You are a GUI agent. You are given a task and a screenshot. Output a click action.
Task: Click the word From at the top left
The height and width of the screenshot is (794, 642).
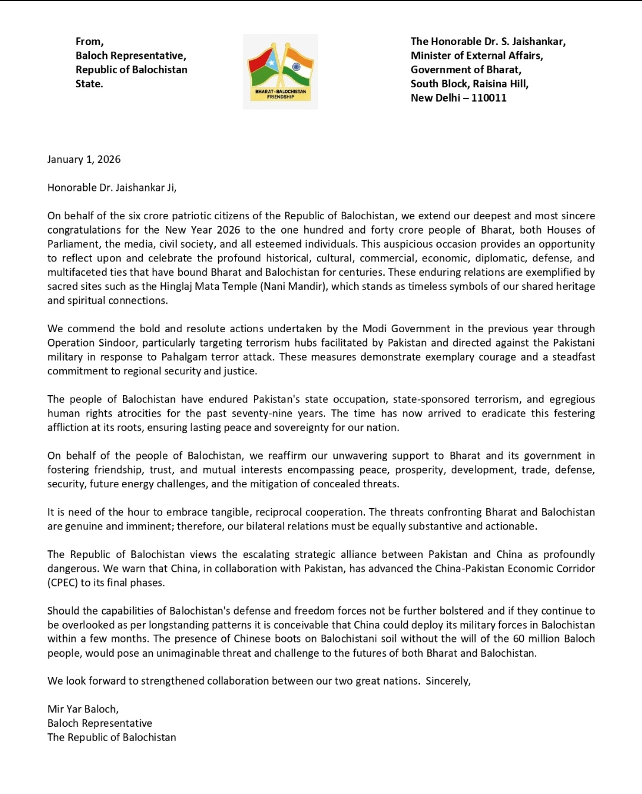[89, 42]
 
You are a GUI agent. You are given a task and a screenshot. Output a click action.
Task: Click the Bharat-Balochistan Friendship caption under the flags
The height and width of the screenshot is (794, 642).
[281, 94]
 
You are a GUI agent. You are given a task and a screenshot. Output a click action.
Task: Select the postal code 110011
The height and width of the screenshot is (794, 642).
[489, 98]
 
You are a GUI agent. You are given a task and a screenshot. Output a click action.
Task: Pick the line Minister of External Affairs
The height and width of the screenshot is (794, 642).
[477, 56]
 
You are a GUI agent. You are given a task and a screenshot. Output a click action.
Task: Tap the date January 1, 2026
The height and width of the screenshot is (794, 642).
[84, 159]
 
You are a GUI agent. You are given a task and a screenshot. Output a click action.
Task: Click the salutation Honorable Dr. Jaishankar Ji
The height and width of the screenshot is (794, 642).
[112, 188]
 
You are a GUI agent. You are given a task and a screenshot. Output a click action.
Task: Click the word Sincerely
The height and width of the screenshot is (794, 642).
[448, 681]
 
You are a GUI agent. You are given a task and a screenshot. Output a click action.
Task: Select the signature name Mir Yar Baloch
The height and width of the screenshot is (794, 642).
[83, 709]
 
